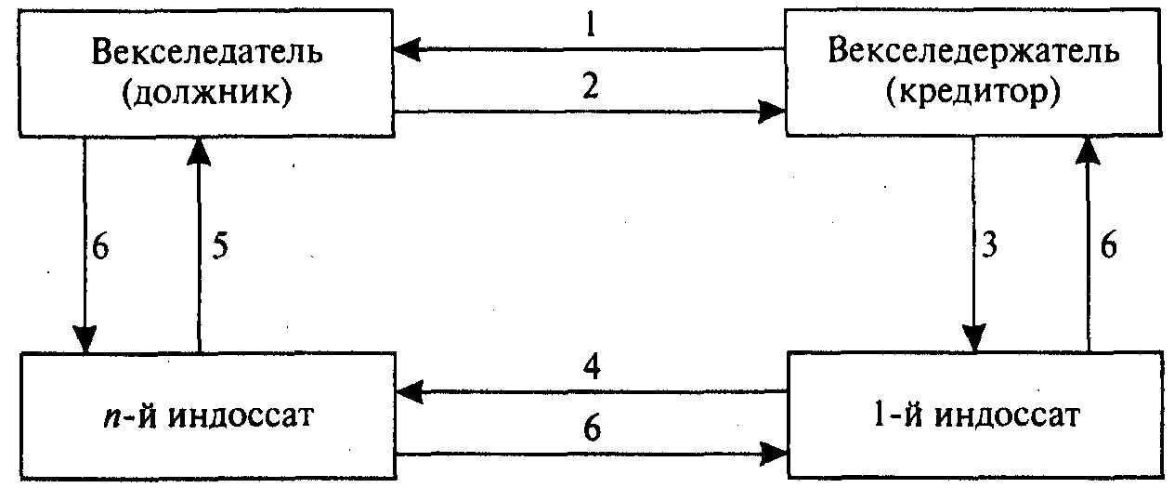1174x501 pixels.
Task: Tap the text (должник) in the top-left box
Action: tap(207, 95)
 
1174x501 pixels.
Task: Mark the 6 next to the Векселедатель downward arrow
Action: tap(100, 248)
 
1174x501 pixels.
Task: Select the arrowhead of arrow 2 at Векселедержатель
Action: tap(773, 112)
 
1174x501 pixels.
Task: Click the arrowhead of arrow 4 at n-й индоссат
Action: tap(406, 392)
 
